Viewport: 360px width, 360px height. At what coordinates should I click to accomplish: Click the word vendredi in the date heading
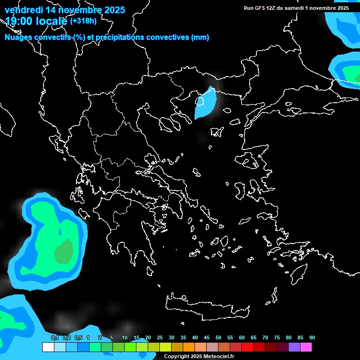point(23,9)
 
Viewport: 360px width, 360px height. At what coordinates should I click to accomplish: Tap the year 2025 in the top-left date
point(112,9)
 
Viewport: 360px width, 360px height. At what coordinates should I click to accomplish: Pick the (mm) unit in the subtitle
point(200,37)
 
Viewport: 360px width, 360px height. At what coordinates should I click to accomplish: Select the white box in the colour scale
point(48,347)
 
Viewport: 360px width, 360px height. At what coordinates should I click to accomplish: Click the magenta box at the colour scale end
point(306,347)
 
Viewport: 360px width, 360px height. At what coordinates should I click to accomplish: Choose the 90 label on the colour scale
point(312,338)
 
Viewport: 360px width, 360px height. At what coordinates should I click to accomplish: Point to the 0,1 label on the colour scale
point(54,338)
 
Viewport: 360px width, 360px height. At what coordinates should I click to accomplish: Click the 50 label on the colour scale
point(218,338)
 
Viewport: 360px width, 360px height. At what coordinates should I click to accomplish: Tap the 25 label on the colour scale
point(160,338)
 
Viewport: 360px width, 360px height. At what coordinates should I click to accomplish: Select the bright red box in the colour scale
point(247,347)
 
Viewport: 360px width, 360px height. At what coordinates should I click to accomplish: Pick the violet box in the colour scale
point(294,347)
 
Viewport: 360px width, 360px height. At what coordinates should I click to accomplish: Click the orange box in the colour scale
point(188,347)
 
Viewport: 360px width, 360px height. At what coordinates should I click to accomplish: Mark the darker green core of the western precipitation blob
point(63,251)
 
